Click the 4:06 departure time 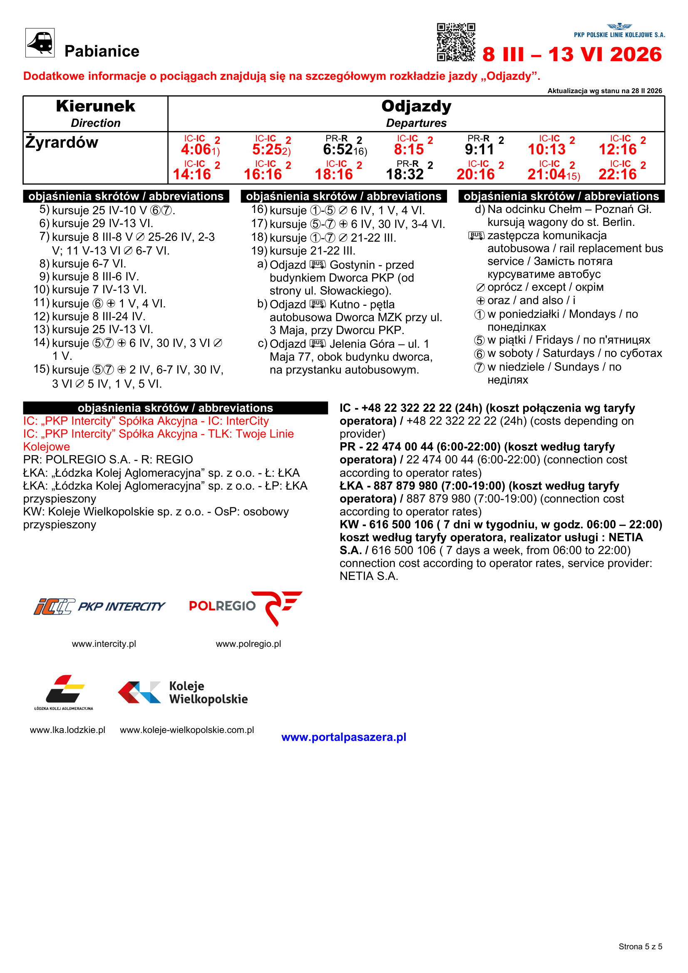pos(196,149)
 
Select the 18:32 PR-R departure pos(405,174)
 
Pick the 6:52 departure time pos(338,149)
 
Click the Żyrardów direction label pos(62,142)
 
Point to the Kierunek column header pos(95,106)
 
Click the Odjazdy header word pos(416,106)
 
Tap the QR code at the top pos(456,42)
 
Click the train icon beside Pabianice pos(40,42)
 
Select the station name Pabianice pos(102,51)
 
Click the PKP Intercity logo pos(99,606)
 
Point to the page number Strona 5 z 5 pos(640,946)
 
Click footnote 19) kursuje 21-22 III pos(303,251)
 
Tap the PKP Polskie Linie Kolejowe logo pos(619,31)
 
